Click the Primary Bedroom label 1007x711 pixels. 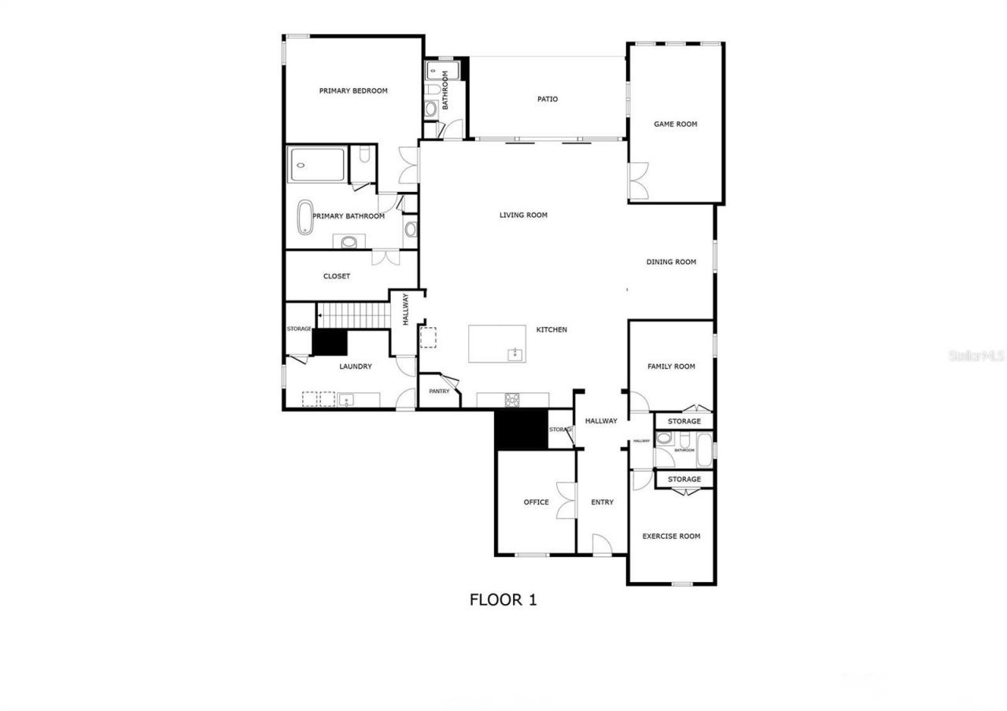(x=353, y=91)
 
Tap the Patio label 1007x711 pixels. (x=548, y=99)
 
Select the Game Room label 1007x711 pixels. (x=675, y=124)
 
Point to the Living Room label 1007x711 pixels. (x=523, y=216)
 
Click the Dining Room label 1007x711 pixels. (x=671, y=263)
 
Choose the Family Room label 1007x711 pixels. (x=671, y=367)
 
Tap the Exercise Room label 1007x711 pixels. (x=671, y=536)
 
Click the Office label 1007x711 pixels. (x=537, y=503)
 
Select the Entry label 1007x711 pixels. (x=602, y=503)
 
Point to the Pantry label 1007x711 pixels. (x=439, y=392)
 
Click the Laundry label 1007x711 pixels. (x=356, y=367)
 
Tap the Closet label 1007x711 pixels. (x=337, y=277)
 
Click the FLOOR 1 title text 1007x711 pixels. (x=503, y=600)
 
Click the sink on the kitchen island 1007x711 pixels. (x=515, y=354)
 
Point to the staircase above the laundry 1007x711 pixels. (x=354, y=316)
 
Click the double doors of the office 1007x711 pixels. (x=565, y=500)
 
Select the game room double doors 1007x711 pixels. (x=638, y=181)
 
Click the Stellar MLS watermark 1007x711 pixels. (x=976, y=356)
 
